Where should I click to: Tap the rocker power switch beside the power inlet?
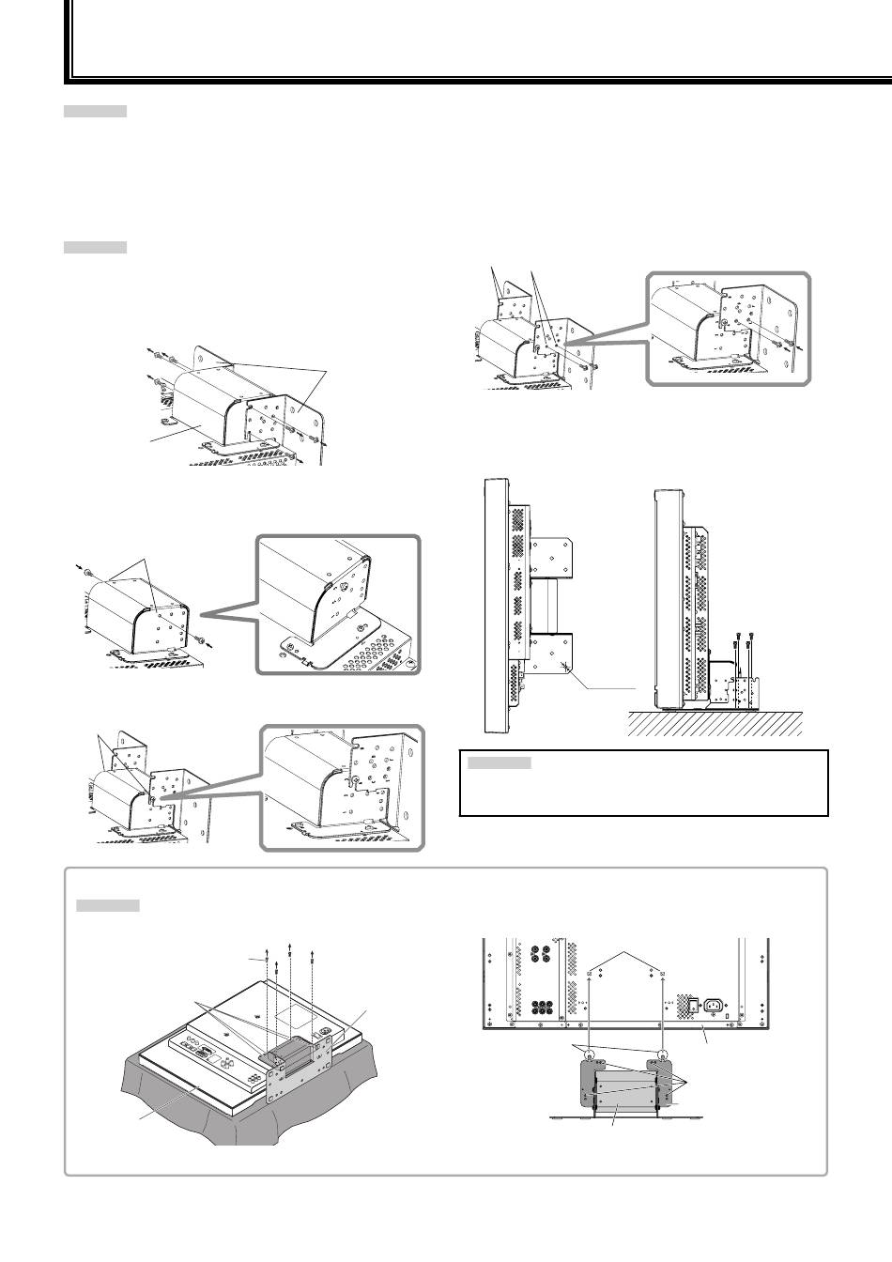(x=695, y=1006)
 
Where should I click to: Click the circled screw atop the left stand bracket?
(x=588, y=1058)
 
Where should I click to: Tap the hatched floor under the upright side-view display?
(x=714, y=723)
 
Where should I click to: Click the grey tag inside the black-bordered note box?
(x=499, y=763)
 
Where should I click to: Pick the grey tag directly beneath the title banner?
(x=95, y=112)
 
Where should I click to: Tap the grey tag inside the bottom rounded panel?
(x=107, y=906)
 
